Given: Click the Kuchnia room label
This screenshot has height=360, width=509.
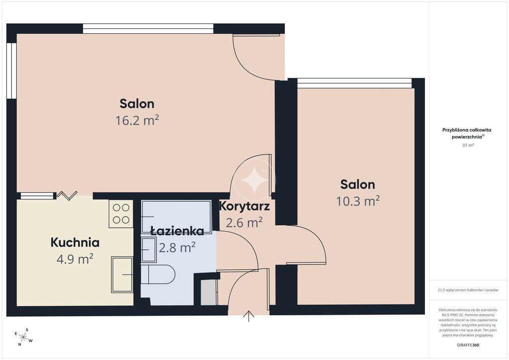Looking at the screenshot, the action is [x=75, y=243].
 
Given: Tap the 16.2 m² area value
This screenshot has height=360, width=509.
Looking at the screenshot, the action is [x=137, y=120].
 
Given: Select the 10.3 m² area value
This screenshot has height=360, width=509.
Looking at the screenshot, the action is [x=358, y=201].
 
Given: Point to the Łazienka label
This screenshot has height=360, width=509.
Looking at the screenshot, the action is [x=177, y=231].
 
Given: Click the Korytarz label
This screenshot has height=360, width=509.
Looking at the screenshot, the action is [x=245, y=206].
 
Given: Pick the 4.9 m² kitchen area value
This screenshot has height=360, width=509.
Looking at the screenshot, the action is [x=75, y=259].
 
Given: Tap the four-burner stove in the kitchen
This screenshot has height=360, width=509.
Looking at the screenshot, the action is [x=121, y=214].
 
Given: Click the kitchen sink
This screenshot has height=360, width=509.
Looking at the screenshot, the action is [x=122, y=274].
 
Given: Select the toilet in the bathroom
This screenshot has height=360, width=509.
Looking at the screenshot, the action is [x=158, y=274].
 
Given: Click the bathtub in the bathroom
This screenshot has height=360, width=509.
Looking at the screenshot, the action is [x=176, y=216].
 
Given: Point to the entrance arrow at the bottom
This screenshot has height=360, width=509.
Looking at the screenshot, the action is [x=249, y=316].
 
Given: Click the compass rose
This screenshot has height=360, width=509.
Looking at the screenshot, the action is [x=23, y=337].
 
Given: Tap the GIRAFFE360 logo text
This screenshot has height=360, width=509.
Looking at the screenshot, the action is [x=468, y=345].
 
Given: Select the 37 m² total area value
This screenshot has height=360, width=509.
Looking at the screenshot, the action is [x=468, y=145].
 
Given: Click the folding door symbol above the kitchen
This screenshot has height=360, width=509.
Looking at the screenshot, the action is [x=67, y=195].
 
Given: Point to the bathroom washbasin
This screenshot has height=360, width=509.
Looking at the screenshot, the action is [x=149, y=250].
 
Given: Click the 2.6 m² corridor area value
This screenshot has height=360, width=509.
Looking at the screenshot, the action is [x=244, y=223].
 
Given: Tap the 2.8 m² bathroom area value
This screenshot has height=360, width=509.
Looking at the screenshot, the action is [x=177, y=248].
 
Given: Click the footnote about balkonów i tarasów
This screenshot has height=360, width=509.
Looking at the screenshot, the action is [x=468, y=290].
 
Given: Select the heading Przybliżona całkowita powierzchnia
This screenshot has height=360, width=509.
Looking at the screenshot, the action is [x=467, y=133].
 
